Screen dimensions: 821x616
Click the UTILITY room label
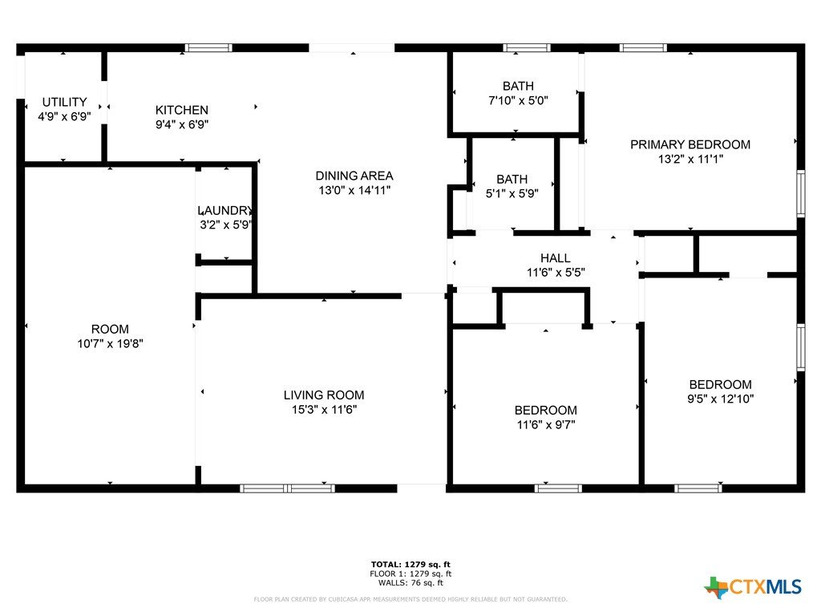point(64,102)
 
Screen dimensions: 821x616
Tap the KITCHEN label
point(182,110)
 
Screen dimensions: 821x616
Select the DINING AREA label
point(354,176)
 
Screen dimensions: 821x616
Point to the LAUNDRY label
point(225,211)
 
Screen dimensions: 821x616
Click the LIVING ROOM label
point(324,395)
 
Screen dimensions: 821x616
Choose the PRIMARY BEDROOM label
point(690,144)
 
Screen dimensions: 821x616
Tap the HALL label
point(556,258)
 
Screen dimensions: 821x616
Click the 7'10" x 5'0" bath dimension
point(519,100)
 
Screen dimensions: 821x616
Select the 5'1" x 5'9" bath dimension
point(512,194)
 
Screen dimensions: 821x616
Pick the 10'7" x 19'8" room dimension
point(110,344)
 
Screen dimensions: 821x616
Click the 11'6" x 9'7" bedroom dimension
point(546,425)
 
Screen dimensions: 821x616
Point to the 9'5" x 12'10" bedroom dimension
point(721,399)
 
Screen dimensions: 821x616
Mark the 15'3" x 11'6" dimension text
point(324,410)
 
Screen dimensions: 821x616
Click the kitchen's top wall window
point(208,48)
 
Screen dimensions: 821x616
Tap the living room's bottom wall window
point(288,488)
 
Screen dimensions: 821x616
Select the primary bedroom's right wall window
point(801,193)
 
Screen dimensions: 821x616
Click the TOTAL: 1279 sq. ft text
point(410,565)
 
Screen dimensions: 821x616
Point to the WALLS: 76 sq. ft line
point(410,583)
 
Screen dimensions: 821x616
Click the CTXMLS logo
point(753,587)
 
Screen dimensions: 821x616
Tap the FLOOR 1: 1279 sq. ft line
point(410,574)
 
